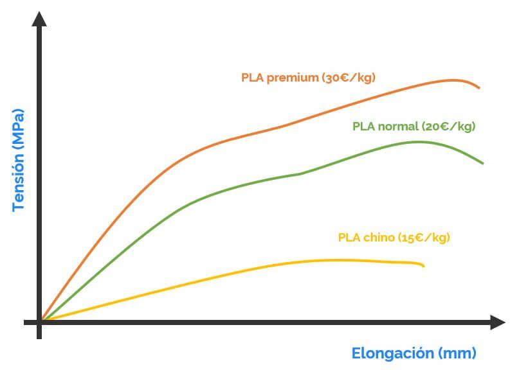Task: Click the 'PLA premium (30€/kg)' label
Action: pyautogui.click(x=308, y=78)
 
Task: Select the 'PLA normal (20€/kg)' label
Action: pyautogui.click(x=414, y=127)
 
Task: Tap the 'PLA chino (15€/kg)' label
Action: pyautogui.click(x=394, y=238)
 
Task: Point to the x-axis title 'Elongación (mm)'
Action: pyautogui.click(x=414, y=353)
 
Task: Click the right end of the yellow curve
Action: pyautogui.click(x=424, y=265)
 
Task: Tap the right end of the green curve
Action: pyautogui.click(x=482, y=163)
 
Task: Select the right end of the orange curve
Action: pyautogui.click(x=479, y=88)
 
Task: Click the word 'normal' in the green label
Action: pyautogui.click(x=397, y=127)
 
